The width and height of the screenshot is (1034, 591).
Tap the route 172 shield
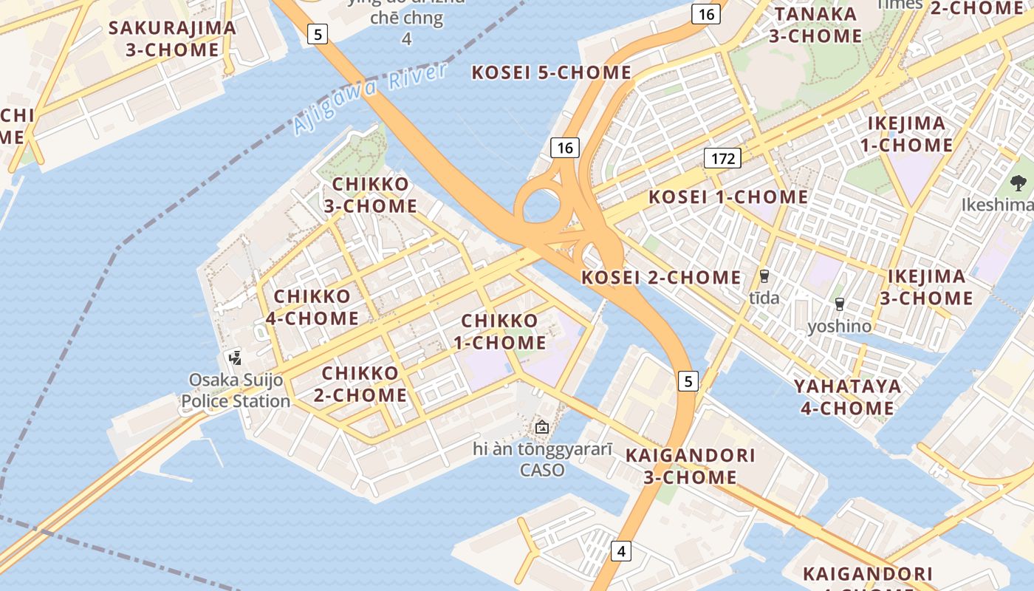click(722, 157)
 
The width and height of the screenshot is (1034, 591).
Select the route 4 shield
click(621, 550)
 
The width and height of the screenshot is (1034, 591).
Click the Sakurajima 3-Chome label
click(172, 39)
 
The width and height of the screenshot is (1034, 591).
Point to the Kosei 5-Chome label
click(551, 72)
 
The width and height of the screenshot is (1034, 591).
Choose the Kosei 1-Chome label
click(728, 197)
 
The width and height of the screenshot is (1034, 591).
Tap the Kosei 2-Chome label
click(661, 278)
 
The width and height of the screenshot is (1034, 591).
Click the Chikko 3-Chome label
click(371, 195)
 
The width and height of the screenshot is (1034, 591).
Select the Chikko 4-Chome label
click(316, 307)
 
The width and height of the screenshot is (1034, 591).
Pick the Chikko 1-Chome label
click(500, 332)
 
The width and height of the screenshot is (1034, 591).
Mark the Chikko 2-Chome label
click(360, 383)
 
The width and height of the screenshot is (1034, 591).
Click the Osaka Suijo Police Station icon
click(236, 358)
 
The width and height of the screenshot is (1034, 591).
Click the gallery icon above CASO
click(542, 427)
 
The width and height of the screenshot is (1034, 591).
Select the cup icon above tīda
click(764, 276)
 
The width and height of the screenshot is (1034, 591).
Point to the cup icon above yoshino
click(839, 304)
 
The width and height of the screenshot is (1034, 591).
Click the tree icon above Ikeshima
click(1018, 182)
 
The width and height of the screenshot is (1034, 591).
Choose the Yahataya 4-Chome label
click(847, 397)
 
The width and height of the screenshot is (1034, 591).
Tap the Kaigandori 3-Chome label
click(690, 466)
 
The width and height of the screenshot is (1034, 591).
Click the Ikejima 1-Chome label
click(906, 134)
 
